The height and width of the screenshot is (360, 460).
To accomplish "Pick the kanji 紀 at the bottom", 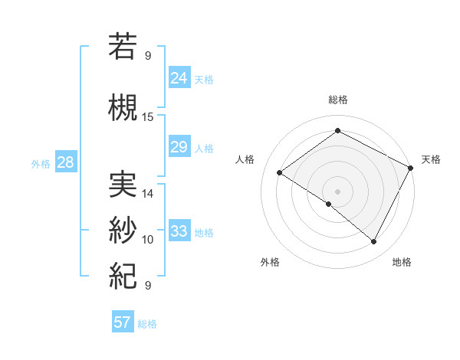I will pos(123,274).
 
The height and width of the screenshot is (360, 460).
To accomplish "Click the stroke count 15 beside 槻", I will pos(148,116).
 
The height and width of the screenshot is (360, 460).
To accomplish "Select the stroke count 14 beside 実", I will pos(148,193).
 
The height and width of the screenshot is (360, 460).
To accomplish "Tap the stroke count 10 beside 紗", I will pos(148,240).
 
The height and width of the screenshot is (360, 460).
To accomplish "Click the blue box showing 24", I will pos(179,77).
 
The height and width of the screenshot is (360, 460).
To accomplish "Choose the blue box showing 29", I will pos(179,147).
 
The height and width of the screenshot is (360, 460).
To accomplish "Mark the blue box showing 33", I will pos(179,231).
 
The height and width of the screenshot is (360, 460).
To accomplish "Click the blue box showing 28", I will pos(64,162).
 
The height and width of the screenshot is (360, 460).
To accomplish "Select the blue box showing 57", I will pos(122,322).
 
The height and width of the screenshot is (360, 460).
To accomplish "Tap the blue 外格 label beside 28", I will pos(41,163).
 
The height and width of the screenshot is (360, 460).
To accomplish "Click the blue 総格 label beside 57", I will pos(147,323).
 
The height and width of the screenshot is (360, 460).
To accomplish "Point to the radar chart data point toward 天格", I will pos(411,168).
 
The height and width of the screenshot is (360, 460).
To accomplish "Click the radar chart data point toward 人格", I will pos(279,172).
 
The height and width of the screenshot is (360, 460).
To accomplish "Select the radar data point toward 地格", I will pos(374,241).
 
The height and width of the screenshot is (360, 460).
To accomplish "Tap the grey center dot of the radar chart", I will pos(337,191).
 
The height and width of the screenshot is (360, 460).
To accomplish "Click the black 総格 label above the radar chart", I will pos(337,100).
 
